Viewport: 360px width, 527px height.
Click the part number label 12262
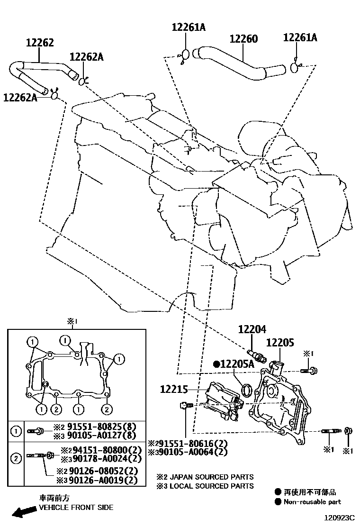coord(39,43)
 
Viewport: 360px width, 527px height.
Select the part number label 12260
coord(244,39)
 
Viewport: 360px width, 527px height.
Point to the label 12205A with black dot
coord(234,364)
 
